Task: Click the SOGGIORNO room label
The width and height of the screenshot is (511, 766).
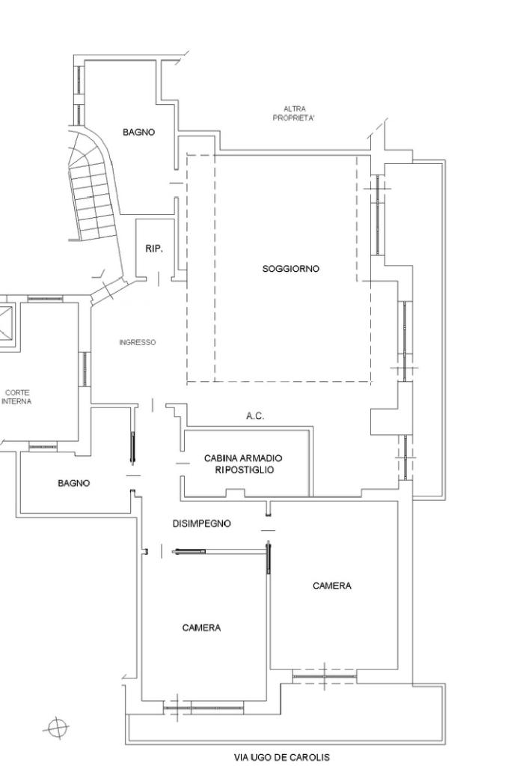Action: (x=290, y=269)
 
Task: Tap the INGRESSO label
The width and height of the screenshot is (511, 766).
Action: (x=138, y=342)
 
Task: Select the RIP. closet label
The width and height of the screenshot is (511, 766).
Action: (x=154, y=249)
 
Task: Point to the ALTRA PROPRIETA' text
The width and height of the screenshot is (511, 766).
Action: (x=294, y=113)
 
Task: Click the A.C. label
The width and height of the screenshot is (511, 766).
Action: (x=255, y=416)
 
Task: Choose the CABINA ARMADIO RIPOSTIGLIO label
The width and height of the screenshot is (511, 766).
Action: (x=243, y=464)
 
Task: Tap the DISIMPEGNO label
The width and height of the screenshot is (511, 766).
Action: (x=201, y=523)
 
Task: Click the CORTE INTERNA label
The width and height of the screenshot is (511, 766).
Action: (x=16, y=397)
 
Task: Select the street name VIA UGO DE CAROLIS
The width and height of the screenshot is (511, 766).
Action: (x=281, y=758)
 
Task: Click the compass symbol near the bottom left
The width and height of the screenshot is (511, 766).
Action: (x=58, y=729)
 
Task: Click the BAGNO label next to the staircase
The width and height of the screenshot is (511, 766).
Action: (x=138, y=132)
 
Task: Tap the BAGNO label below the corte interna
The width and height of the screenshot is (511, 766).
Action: (x=74, y=483)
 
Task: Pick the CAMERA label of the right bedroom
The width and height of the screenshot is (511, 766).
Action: (x=332, y=586)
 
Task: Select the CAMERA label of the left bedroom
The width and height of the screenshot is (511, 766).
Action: (x=201, y=627)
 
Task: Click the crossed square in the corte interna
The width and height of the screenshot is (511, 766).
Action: (x=6, y=323)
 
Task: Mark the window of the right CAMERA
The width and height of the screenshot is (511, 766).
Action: (x=325, y=677)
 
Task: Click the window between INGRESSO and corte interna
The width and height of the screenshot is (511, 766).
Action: (x=85, y=369)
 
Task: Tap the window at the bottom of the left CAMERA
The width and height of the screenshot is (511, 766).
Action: (x=203, y=707)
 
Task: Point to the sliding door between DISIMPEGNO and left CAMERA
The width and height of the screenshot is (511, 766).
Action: (x=189, y=552)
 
